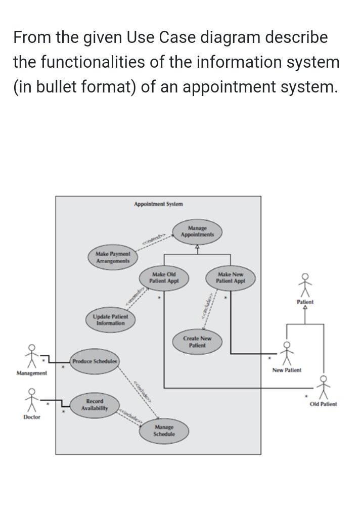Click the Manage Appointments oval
point(197,231)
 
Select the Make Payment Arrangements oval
point(113,257)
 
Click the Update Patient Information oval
point(110,319)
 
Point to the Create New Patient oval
point(197,342)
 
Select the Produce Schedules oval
point(95,361)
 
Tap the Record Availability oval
point(95,404)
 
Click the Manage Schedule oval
point(164,431)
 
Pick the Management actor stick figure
point(32,357)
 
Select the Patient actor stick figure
point(305,286)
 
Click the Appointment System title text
point(158,204)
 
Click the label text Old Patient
point(323,404)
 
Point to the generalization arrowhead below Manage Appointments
point(197,247)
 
